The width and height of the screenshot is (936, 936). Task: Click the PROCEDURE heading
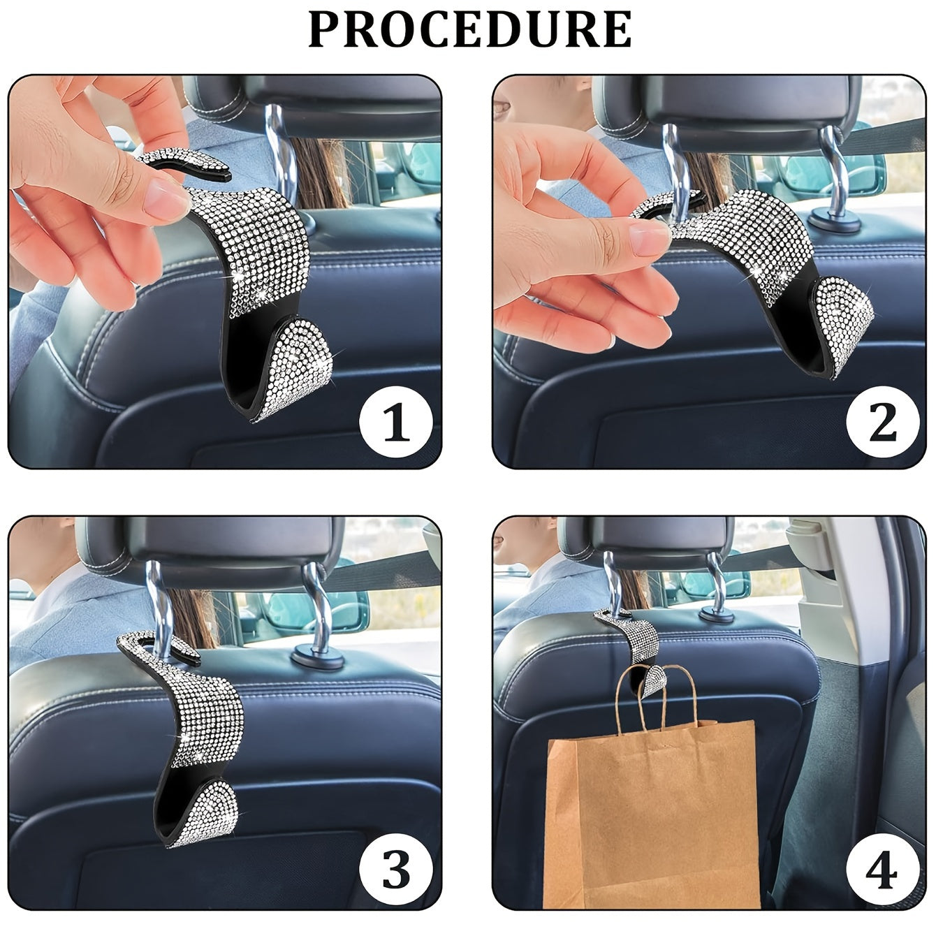[469, 29]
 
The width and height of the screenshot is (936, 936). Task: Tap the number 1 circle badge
[396, 423]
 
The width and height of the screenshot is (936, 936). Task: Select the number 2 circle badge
[882, 423]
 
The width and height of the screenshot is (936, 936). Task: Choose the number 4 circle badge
[882, 870]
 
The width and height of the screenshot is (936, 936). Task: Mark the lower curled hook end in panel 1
[293, 370]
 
